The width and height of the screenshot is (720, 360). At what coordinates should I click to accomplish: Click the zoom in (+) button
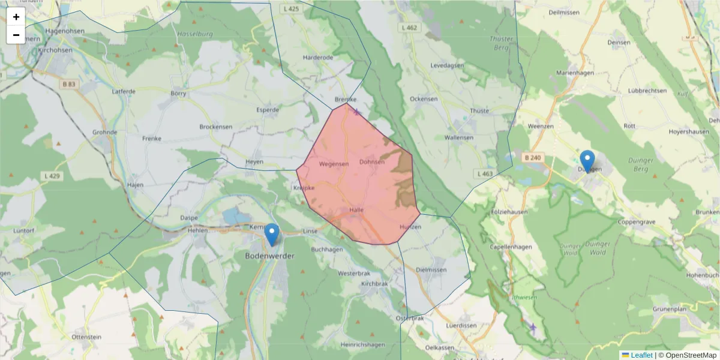click(x=16, y=17)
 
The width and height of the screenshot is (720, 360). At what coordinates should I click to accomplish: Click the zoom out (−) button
click(x=16, y=35)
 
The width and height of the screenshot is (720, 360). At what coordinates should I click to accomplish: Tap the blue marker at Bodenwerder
click(x=272, y=234)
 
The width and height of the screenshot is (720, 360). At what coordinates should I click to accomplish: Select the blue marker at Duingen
click(x=587, y=161)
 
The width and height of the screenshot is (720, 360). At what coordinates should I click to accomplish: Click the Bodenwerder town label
click(x=271, y=256)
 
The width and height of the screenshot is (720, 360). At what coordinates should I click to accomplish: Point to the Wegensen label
click(x=334, y=164)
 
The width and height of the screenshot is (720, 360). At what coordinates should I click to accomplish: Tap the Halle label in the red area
click(x=356, y=210)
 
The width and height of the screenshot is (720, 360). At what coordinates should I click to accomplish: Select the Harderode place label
click(x=318, y=58)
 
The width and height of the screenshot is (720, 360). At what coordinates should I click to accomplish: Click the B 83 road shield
click(x=68, y=85)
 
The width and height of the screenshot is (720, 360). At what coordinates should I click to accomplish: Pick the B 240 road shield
click(x=532, y=158)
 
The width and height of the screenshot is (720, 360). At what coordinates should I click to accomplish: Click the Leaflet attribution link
click(x=641, y=355)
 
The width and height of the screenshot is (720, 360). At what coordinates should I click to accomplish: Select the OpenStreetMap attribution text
click(x=687, y=355)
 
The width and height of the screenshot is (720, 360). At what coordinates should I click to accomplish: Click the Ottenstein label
click(x=86, y=337)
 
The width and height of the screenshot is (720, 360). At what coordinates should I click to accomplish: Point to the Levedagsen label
click(x=447, y=65)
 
